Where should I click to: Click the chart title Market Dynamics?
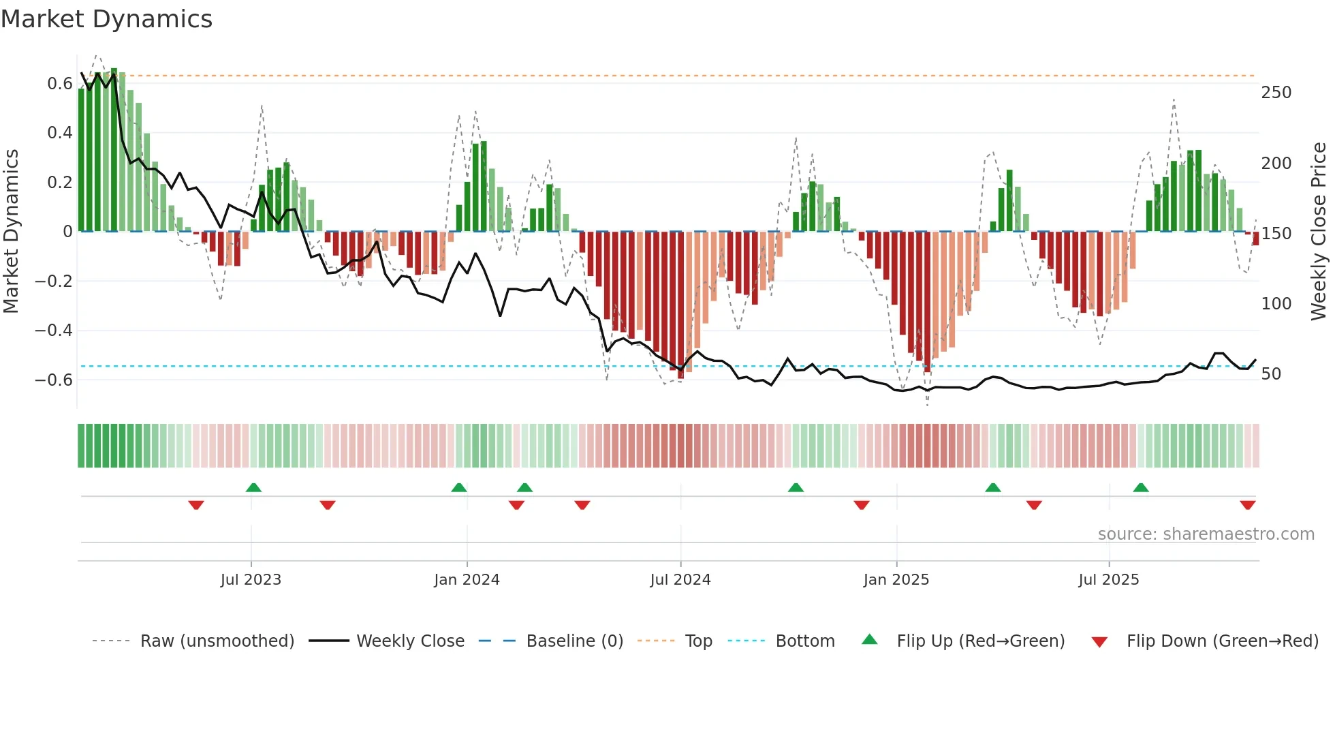107,19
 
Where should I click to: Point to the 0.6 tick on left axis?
59,84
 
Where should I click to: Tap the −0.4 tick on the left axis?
54,331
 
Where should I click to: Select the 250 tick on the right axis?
1276,93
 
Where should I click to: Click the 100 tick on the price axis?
1276,304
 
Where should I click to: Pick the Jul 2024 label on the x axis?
680,580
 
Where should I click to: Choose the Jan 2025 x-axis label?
896,580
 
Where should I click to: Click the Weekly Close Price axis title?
1319,232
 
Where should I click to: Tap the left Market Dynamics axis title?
11,232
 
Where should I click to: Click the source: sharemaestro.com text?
1206,534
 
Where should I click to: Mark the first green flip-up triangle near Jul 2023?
253,487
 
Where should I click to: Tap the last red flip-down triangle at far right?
1247,505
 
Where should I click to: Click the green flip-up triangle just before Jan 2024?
459,487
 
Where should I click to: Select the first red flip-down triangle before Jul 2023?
196,505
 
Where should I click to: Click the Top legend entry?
698,641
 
